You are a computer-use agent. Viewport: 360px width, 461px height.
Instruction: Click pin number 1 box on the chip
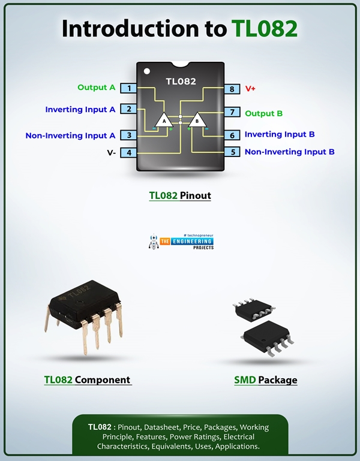click(x=128, y=88)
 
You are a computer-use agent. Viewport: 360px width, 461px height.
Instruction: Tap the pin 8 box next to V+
click(x=232, y=89)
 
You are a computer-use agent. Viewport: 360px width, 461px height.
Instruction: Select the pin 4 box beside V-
click(x=128, y=152)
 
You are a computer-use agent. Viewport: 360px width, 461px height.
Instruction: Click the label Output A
click(x=96, y=88)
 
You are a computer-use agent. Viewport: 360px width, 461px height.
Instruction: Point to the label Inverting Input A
click(x=80, y=110)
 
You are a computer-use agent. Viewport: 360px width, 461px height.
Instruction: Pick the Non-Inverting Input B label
click(x=289, y=152)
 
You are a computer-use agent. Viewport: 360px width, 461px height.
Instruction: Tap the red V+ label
click(x=250, y=89)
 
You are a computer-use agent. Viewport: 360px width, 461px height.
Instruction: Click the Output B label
click(x=263, y=113)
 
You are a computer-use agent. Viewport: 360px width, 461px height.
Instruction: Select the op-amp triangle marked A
click(x=164, y=120)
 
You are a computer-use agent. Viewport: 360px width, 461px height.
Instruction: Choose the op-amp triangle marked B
click(x=197, y=120)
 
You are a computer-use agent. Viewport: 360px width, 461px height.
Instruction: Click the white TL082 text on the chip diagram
click(x=181, y=81)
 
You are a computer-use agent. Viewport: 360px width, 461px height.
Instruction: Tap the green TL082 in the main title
click(x=264, y=29)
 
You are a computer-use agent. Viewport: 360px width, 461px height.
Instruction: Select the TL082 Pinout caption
click(x=180, y=195)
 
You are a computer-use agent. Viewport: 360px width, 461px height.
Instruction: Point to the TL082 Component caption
click(x=87, y=379)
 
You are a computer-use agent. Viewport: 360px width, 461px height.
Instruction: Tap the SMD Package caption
click(x=265, y=380)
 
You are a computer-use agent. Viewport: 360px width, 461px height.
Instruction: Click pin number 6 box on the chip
click(x=232, y=135)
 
